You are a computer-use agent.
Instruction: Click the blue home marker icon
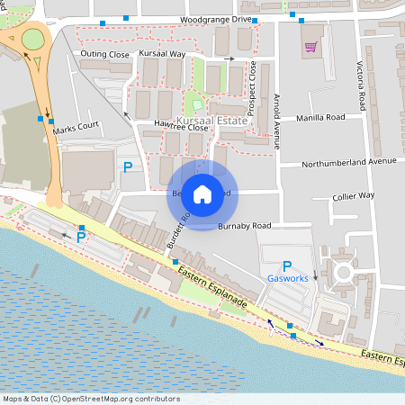(202, 193)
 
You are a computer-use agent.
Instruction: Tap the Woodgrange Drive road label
(216, 19)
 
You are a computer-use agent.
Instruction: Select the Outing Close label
(105, 54)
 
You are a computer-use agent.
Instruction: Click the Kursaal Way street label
(163, 54)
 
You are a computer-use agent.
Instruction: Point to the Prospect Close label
(254, 85)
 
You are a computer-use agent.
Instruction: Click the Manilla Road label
(319, 117)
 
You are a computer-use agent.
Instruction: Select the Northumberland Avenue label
(349, 162)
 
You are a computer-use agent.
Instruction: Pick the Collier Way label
(353, 195)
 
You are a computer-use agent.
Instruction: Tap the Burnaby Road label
(244, 225)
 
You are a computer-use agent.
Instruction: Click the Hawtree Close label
(181, 127)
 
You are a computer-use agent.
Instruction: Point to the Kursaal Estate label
(212, 119)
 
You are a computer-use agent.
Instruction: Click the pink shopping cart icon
(311, 47)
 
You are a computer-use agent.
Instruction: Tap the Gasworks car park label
(287, 279)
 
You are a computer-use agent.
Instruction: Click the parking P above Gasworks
(287, 265)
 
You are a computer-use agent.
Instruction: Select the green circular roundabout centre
(33, 39)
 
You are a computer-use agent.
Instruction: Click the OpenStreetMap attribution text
(91, 399)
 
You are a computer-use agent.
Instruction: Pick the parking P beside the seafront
(81, 238)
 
